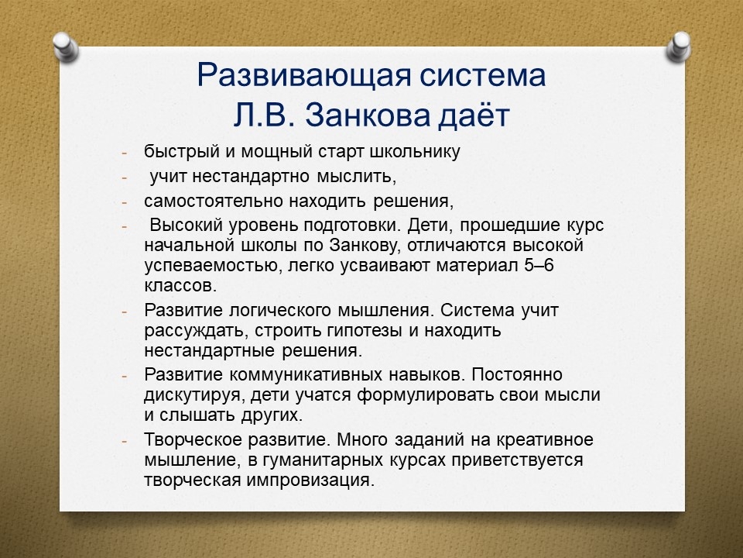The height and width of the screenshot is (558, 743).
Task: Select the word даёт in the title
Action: (474, 115)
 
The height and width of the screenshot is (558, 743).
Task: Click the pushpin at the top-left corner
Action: (65, 46)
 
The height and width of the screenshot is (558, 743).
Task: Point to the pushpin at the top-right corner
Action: (679, 46)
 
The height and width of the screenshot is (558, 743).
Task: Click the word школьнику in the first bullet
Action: (415, 152)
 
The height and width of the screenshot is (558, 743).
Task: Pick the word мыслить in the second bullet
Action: (356, 177)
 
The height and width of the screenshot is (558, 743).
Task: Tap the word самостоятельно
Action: (214, 201)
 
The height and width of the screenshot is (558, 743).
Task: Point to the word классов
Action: (180, 286)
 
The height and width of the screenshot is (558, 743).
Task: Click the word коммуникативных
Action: (306, 375)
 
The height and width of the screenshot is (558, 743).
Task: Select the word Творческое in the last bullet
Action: (193, 440)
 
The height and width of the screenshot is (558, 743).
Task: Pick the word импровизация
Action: (310, 480)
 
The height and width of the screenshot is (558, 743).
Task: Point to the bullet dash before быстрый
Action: (125, 153)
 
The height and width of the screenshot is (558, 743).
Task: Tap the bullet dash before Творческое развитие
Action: (125, 441)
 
